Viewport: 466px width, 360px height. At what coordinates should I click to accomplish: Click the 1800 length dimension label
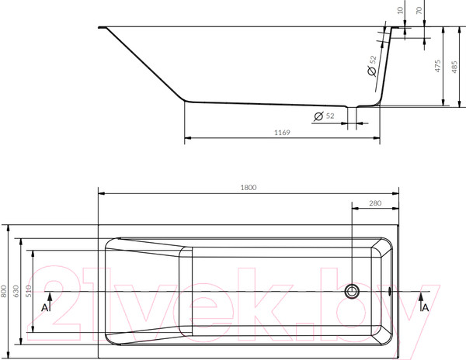[249, 187]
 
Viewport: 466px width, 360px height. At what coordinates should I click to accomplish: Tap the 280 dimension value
[375, 203]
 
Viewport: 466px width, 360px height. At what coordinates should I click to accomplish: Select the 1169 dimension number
[282, 133]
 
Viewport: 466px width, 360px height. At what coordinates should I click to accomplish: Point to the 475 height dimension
[437, 66]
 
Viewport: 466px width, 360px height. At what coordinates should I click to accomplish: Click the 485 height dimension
[454, 67]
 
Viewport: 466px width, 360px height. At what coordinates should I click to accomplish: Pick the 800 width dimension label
[4, 291]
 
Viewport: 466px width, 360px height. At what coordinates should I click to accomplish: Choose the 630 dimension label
[16, 291]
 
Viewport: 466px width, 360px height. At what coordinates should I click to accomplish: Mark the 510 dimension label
[28, 291]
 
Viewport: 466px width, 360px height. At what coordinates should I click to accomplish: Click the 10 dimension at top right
[400, 10]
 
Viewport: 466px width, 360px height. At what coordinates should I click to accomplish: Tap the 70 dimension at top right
[419, 10]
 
